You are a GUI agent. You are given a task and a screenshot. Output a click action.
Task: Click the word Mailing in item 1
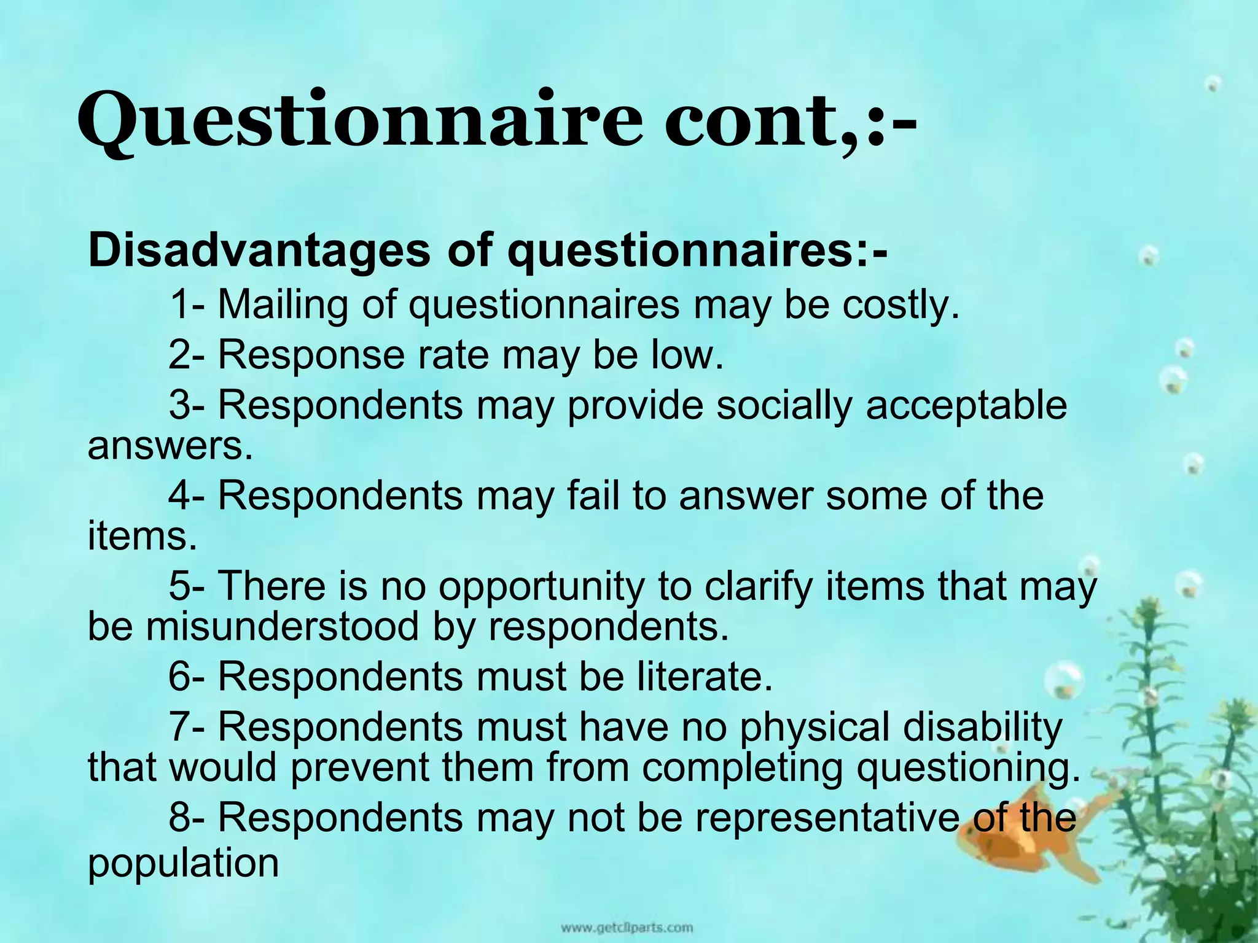click(x=283, y=305)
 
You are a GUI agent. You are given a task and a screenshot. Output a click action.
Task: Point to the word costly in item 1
click(x=899, y=305)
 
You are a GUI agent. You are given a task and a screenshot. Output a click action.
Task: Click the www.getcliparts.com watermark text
click(x=626, y=927)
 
